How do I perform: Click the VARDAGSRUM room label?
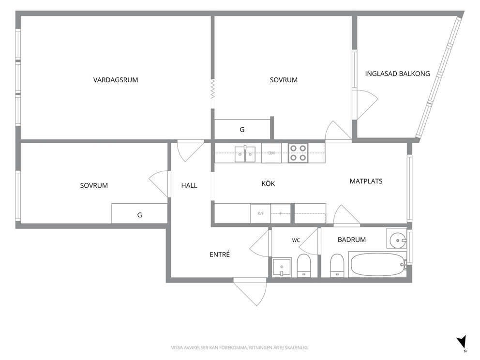[116, 80]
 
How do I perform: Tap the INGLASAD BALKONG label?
[397, 74]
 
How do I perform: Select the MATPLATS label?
[366, 181]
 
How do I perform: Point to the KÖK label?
[268, 183]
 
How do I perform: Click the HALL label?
[189, 185]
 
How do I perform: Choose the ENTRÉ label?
[220, 255]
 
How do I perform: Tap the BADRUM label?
[352, 240]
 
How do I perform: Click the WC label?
[296, 240]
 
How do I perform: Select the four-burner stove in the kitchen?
[298, 153]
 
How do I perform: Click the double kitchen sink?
[245, 154]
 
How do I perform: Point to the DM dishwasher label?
[271, 153]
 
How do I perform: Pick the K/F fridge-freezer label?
[260, 213]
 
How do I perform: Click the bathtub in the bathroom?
[378, 265]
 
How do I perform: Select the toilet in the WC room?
[304, 265]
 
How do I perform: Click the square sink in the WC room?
[282, 267]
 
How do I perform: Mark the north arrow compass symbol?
[462, 343]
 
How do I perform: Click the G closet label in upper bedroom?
[242, 130]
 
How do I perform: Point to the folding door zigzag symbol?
[212, 89]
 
